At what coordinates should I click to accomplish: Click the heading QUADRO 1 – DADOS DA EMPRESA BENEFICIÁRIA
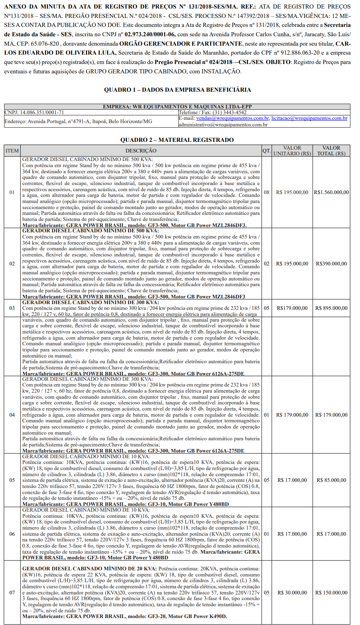tap(177, 90)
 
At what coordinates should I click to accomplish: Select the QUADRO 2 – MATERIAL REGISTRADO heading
tap(177, 140)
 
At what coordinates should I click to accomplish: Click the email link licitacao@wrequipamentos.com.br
tap(309, 118)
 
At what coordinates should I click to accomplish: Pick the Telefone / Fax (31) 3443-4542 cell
tap(212, 112)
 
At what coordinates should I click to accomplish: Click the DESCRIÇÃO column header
tap(141, 151)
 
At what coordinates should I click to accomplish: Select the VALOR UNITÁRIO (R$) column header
tap(292, 151)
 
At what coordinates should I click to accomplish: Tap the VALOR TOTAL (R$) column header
tap(331, 151)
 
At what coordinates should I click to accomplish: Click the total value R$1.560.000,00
tap(331, 192)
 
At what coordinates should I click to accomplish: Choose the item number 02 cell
tap(12, 263)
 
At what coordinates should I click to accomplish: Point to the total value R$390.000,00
tap(331, 264)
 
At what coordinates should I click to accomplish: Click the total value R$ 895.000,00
tap(331, 308)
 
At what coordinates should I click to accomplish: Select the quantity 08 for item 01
tap(266, 192)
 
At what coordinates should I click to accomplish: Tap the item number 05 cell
tap(12, 480)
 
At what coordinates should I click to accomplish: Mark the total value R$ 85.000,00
tap(331, 480)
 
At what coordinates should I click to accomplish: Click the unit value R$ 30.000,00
tap(292, 593)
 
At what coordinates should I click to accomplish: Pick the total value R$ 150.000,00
tap(331, 593)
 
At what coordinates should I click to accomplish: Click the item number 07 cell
tap(12, 593)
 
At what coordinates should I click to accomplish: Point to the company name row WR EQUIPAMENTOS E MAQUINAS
tap(177, 107)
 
